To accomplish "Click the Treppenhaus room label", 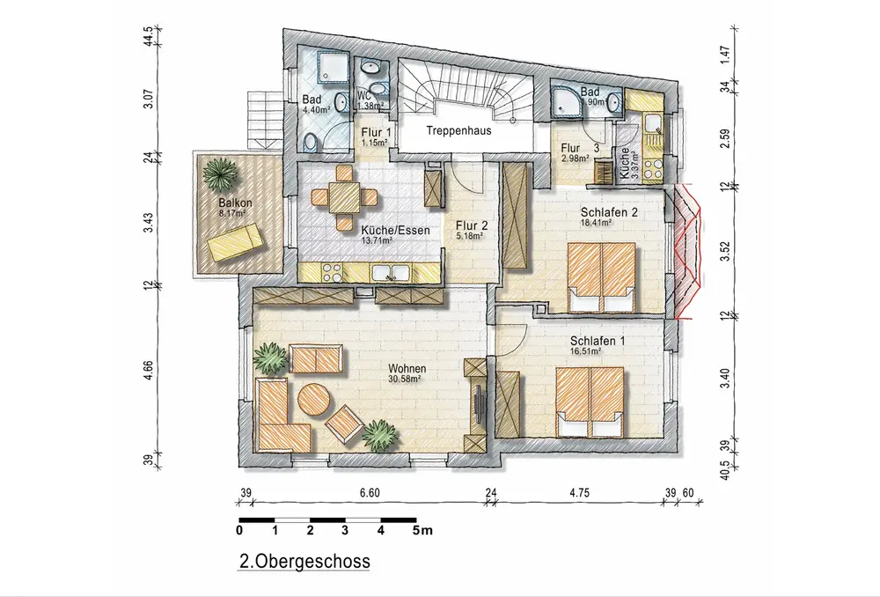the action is tap(458, 130).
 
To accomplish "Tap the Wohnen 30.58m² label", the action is tap(407, 373).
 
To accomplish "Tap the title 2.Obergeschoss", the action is tap(304, 561).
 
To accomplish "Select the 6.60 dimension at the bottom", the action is tap(370, 493).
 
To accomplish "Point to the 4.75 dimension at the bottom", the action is tap(579, 493).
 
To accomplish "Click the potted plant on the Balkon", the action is tap(219, 173).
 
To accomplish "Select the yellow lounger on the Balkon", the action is tap(235, 241).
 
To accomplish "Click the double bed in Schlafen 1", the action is tap(590, 402).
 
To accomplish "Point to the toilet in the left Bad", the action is tap(312, 144).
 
